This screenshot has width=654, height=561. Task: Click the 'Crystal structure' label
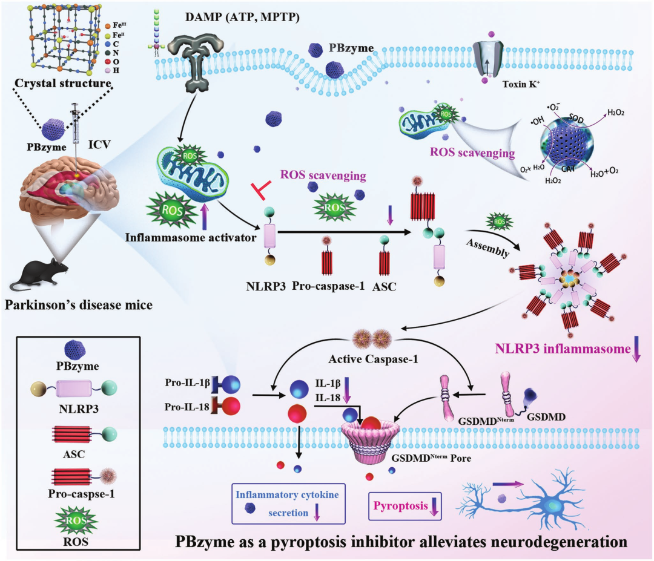click(x=63, y=84)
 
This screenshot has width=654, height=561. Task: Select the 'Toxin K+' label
click(x=521, y=84)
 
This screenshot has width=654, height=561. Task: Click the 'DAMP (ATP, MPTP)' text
click(x=242, y=18)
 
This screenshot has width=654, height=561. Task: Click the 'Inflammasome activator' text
click(x=191, y=238)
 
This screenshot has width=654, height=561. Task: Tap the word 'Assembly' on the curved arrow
click(x=487, y=248)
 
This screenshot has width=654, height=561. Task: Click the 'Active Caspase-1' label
click(x=373, y=359)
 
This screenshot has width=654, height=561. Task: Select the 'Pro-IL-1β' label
click(x=187, y=382)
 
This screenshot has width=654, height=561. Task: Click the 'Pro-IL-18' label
click(x=187, y=407)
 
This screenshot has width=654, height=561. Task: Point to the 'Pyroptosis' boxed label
click(x=400, y=506)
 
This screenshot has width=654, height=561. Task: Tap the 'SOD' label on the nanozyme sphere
click(x=576, y=119)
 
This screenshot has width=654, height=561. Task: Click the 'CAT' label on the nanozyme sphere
click(x=568, y=169)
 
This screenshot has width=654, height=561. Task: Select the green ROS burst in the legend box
click(x=76, y=520)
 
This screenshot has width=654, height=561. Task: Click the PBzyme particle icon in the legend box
click(x=75, y=349)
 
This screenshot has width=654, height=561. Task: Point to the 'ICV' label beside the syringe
click(x=99, y=145)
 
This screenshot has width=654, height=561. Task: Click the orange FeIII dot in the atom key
click(x=108, y=26)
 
